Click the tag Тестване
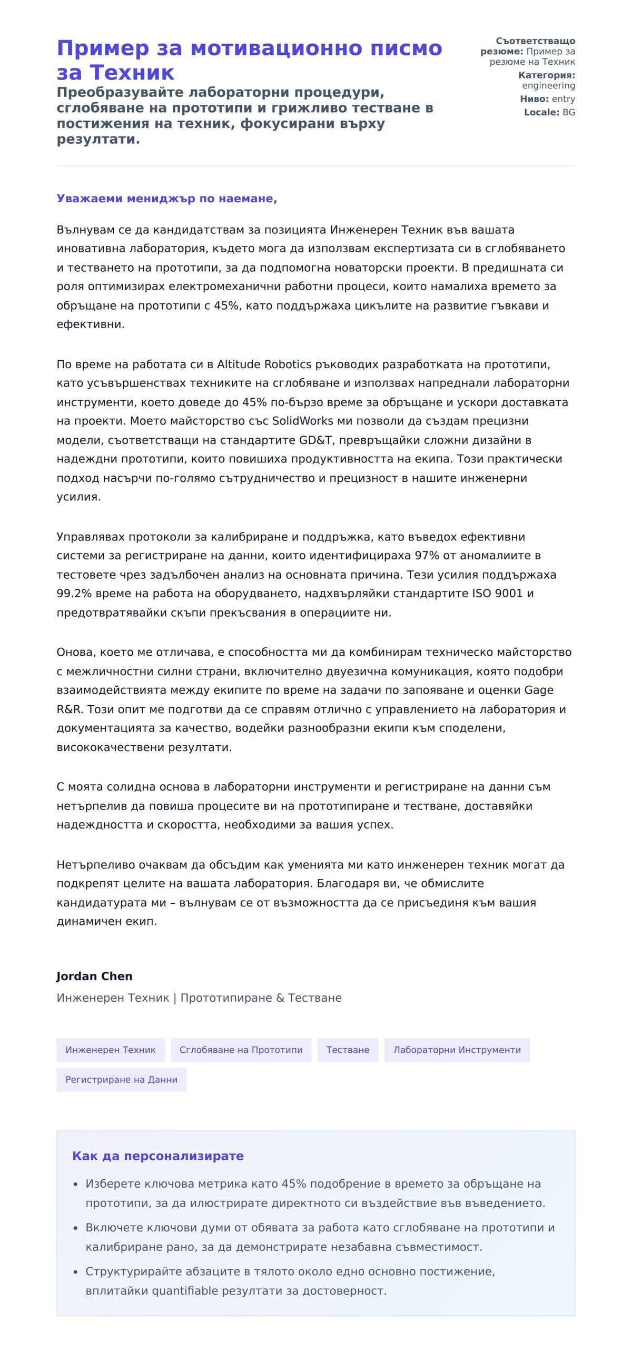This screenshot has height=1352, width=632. (x=348, y=1050)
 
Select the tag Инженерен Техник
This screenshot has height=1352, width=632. (x=111, y=1050)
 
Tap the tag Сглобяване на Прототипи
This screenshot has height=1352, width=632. (x=241, y=1050)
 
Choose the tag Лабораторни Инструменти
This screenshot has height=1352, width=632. (x=457, y=1050)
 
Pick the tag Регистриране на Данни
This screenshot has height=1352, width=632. (x=121, y=1080)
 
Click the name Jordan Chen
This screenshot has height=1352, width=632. (x=94, y=976)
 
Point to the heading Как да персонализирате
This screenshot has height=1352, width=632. (x=157, y=1156)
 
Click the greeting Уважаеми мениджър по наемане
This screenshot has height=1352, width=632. (x=166, y=199)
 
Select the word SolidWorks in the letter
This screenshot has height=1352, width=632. (x=302, y=421)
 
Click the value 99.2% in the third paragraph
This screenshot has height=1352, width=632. (x=74, y=594)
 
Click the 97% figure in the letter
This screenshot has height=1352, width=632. (x=427, y=556)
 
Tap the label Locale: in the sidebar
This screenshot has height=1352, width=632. (x=541, y=112)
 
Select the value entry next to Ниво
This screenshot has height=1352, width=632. (x=563, y=99)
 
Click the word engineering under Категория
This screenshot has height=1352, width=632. (x=548, y=85)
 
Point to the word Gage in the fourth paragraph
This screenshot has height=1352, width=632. (x=538, y=690)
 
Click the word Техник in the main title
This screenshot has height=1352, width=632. (x=132, y=73)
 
